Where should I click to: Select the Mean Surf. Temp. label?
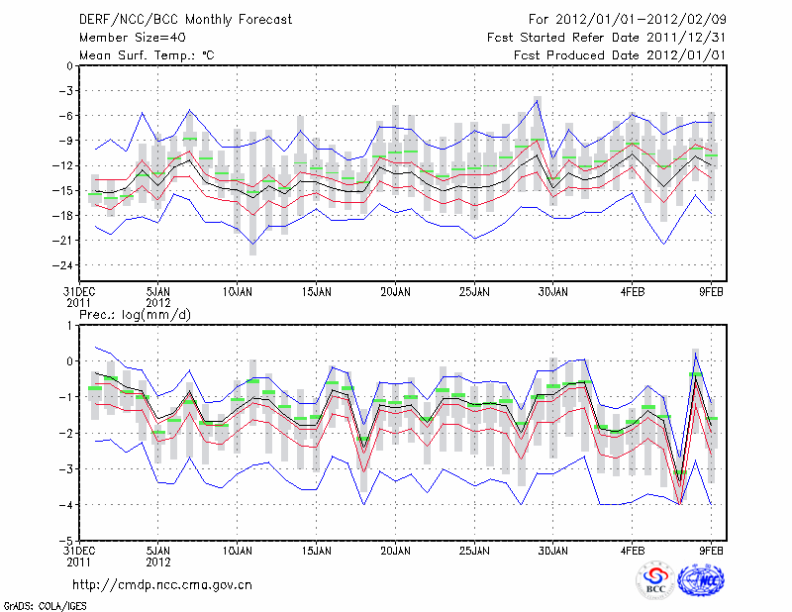[x=147, y=54]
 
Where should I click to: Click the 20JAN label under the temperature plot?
[x=395, y=292]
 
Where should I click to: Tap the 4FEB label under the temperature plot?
[x=634, y=292]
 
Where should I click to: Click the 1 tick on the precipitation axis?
[x=68, y=325]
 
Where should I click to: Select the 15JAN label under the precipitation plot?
[x=316, y=549]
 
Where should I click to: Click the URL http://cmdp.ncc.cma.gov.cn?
[x=162, y=584]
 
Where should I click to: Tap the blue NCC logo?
[x=705, y=580]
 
